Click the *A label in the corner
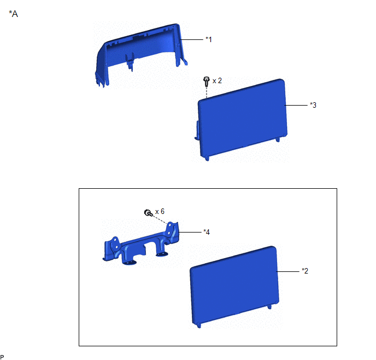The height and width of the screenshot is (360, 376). (14, 14)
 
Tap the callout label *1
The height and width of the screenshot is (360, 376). (209, 39)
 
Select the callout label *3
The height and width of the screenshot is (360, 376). (313, 105)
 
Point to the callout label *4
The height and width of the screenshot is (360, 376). (207, 232)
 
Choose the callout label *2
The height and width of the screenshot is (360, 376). (305, 271)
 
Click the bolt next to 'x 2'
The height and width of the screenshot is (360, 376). (206, 82)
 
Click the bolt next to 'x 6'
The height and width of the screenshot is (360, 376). (148, 213)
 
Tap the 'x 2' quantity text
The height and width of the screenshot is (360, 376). (217, 80)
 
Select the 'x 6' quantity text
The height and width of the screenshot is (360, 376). (160, 211)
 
